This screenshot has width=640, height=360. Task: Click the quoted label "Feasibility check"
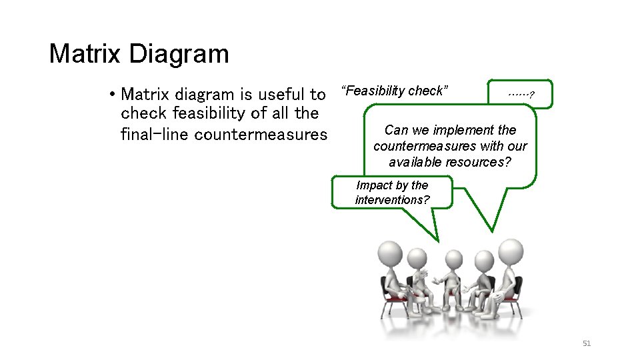point(394,91)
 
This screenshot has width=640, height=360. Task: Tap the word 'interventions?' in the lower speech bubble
point(392,200)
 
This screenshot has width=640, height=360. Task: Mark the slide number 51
point(587,343)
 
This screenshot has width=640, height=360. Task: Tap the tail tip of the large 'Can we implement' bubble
point(493,231)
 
